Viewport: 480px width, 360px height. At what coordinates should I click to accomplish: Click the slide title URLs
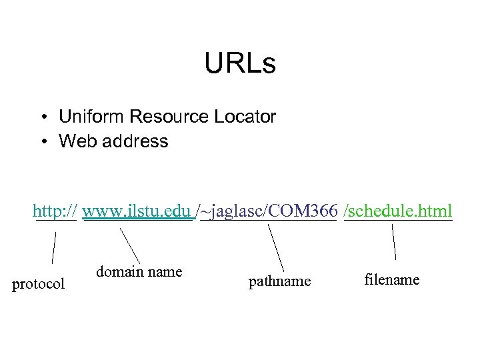tap(239, 65)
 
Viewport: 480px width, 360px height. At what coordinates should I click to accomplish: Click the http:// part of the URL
tap(55, 212)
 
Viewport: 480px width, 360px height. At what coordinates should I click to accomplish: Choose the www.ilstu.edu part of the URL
tap(137, 212)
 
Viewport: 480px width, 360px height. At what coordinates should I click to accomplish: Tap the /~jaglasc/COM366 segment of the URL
tap(266, 212)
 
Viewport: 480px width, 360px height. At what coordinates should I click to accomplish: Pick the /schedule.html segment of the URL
tap(398, 212)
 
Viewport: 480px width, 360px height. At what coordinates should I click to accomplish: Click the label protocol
tap(39, 284)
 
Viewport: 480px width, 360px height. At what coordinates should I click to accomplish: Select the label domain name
tap(139, 271)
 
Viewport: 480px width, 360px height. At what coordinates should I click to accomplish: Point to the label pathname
tap(279, 282)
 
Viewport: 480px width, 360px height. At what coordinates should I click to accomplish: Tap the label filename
tap(392, 279)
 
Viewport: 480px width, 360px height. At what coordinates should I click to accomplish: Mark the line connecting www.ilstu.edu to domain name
tap(130, 245)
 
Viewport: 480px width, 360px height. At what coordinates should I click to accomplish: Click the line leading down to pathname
tap(276, 247)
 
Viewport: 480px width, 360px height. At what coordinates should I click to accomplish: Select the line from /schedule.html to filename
tap(394, 241)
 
